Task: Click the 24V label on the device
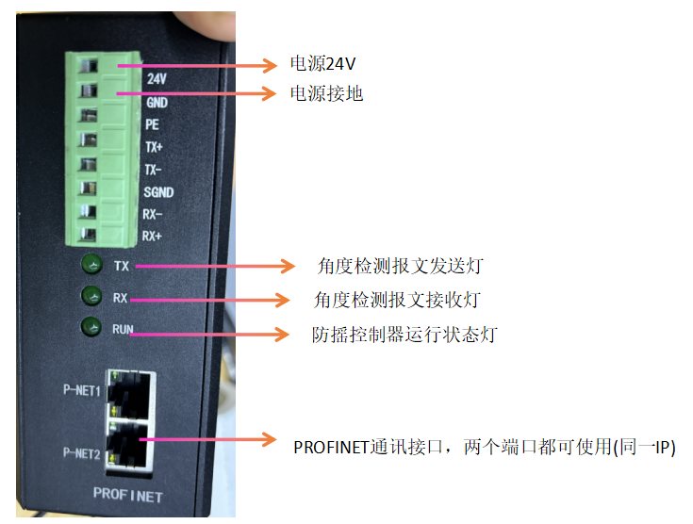point(157,78)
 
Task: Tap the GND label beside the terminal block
point(157,103)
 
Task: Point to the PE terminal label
point(152,124)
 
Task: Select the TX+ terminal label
point(154,147)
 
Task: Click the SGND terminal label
point(158,192)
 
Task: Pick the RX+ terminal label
point(152,236)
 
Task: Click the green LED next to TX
point(92,264)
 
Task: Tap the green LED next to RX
point(92,296)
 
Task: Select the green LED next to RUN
point(91,327)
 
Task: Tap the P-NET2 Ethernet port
point(129,446)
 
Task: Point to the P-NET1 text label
point(82,390)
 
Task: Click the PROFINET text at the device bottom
point(128,495)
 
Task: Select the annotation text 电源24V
point(322,64)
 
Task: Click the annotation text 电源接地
point(326,93)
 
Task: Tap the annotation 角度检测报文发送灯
point(401,266)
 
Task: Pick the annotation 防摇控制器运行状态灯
point(404,335)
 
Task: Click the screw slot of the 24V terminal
point(89,66)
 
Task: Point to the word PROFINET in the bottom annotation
point(331,448)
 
